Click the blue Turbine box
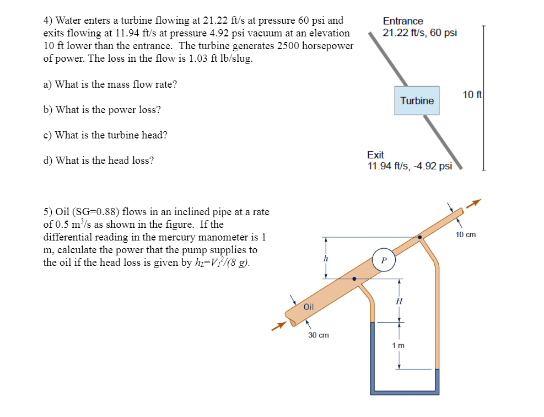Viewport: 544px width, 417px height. tap(417, 100)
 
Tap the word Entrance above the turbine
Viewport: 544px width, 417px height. tap(403, 21)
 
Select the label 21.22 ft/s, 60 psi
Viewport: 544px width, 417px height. tap(419, 33)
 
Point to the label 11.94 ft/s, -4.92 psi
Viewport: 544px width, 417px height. tap(410, 166)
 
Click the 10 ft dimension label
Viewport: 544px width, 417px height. tap(472, 95)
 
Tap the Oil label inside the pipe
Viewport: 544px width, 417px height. tap(309, 307)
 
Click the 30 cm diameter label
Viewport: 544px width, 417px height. tap(319, 335)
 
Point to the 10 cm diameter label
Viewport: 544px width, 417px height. tap(466, 234)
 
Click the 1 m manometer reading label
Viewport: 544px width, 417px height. tap(398, 345)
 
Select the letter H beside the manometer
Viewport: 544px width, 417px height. tap(399, 301)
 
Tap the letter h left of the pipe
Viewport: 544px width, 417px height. tap(326, 259)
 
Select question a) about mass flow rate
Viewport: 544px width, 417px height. tap(110, 84)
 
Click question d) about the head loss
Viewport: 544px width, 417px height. tap(99, 161)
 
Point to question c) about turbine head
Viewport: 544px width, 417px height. tap(105, 135)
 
